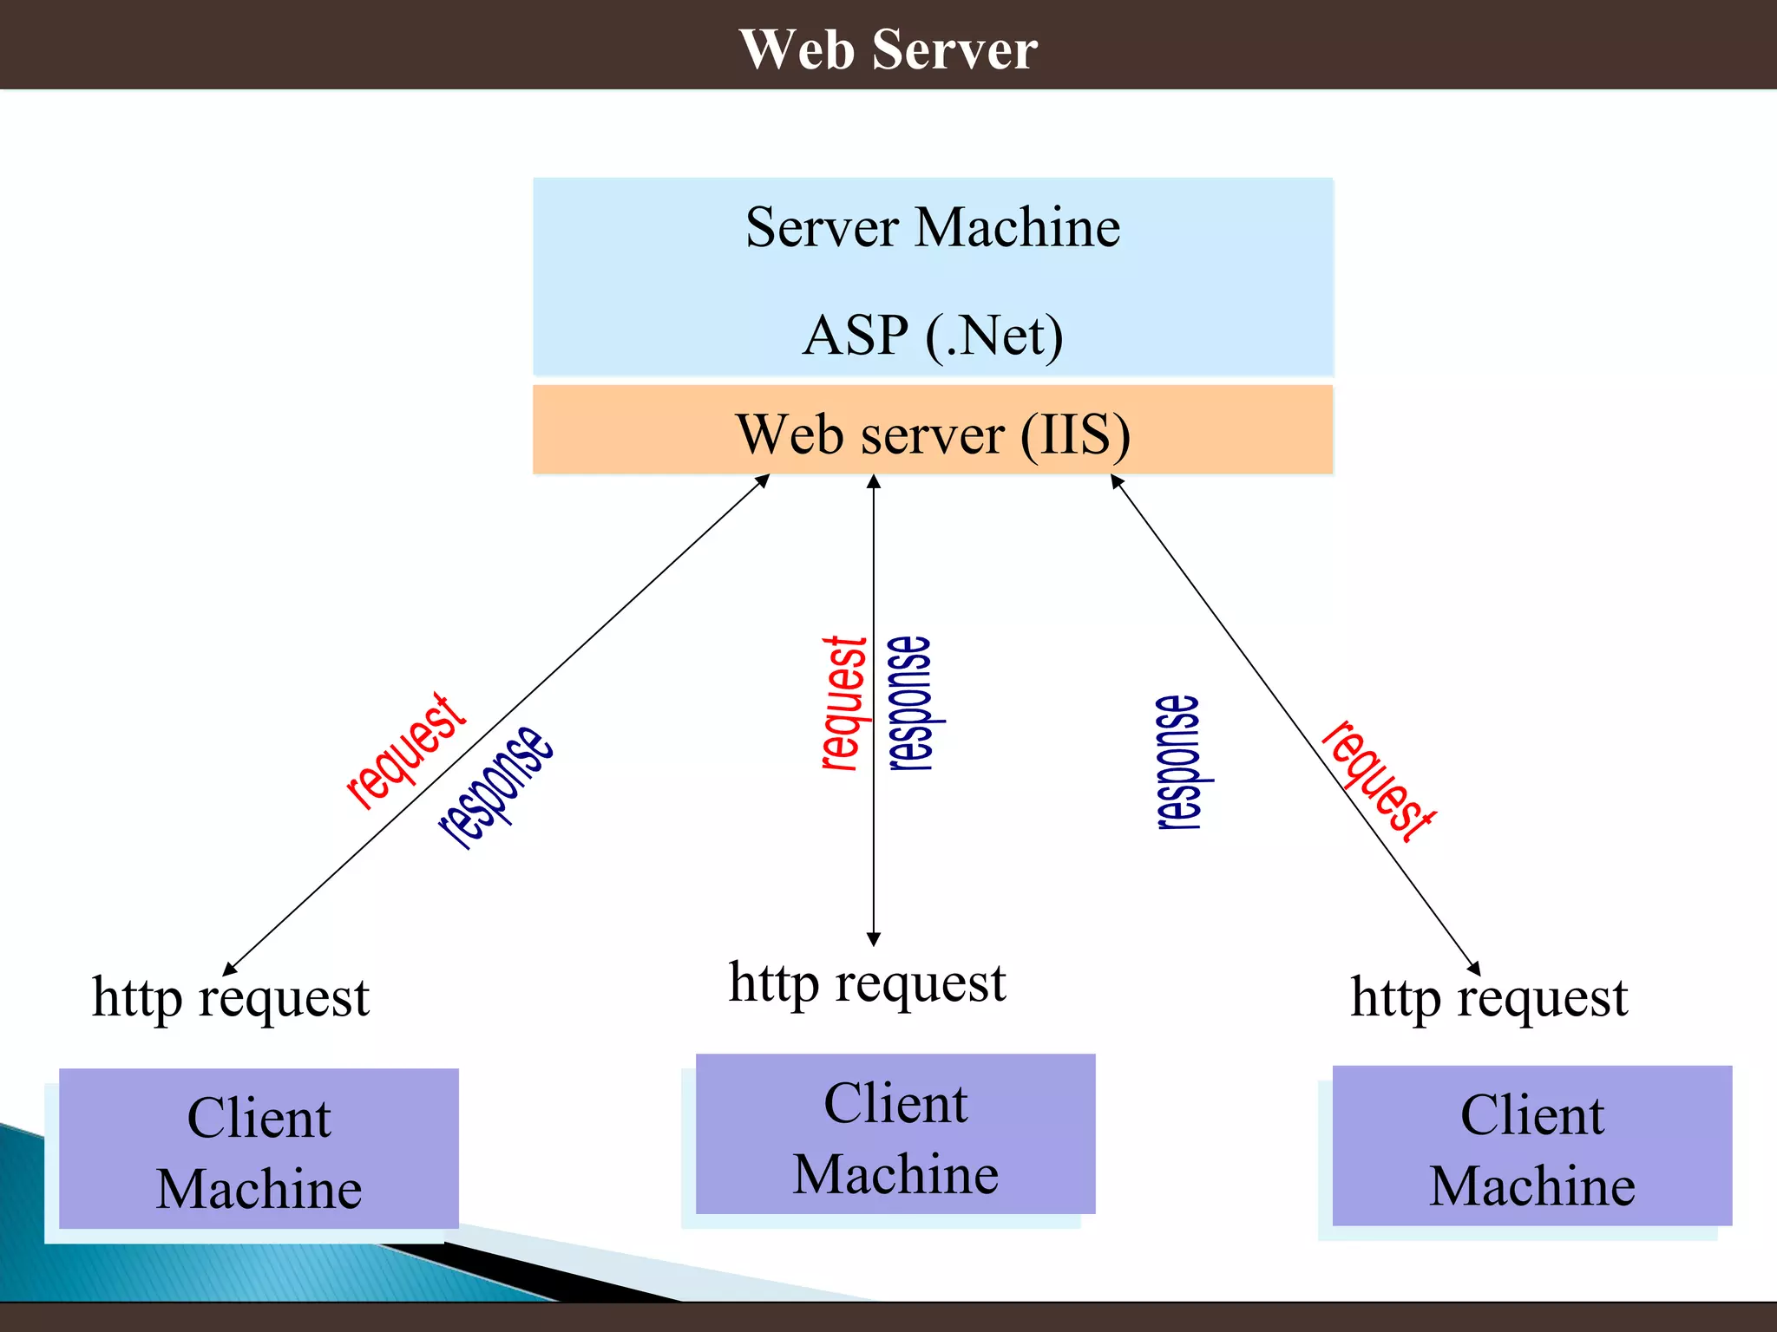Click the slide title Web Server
point(888,49)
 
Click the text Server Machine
point(933,228)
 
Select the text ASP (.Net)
point(933,336)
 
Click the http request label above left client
point(231,998)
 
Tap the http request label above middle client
point(868,983)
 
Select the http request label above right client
point(1489,998)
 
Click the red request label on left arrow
point(406,751)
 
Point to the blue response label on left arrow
point(495,786)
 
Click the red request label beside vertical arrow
point(844,703)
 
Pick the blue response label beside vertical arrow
point(911,703)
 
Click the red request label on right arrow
point(1378,781)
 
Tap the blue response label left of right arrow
point(1181,762)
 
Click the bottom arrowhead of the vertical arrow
point(874,939)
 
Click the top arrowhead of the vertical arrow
point(874,482)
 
